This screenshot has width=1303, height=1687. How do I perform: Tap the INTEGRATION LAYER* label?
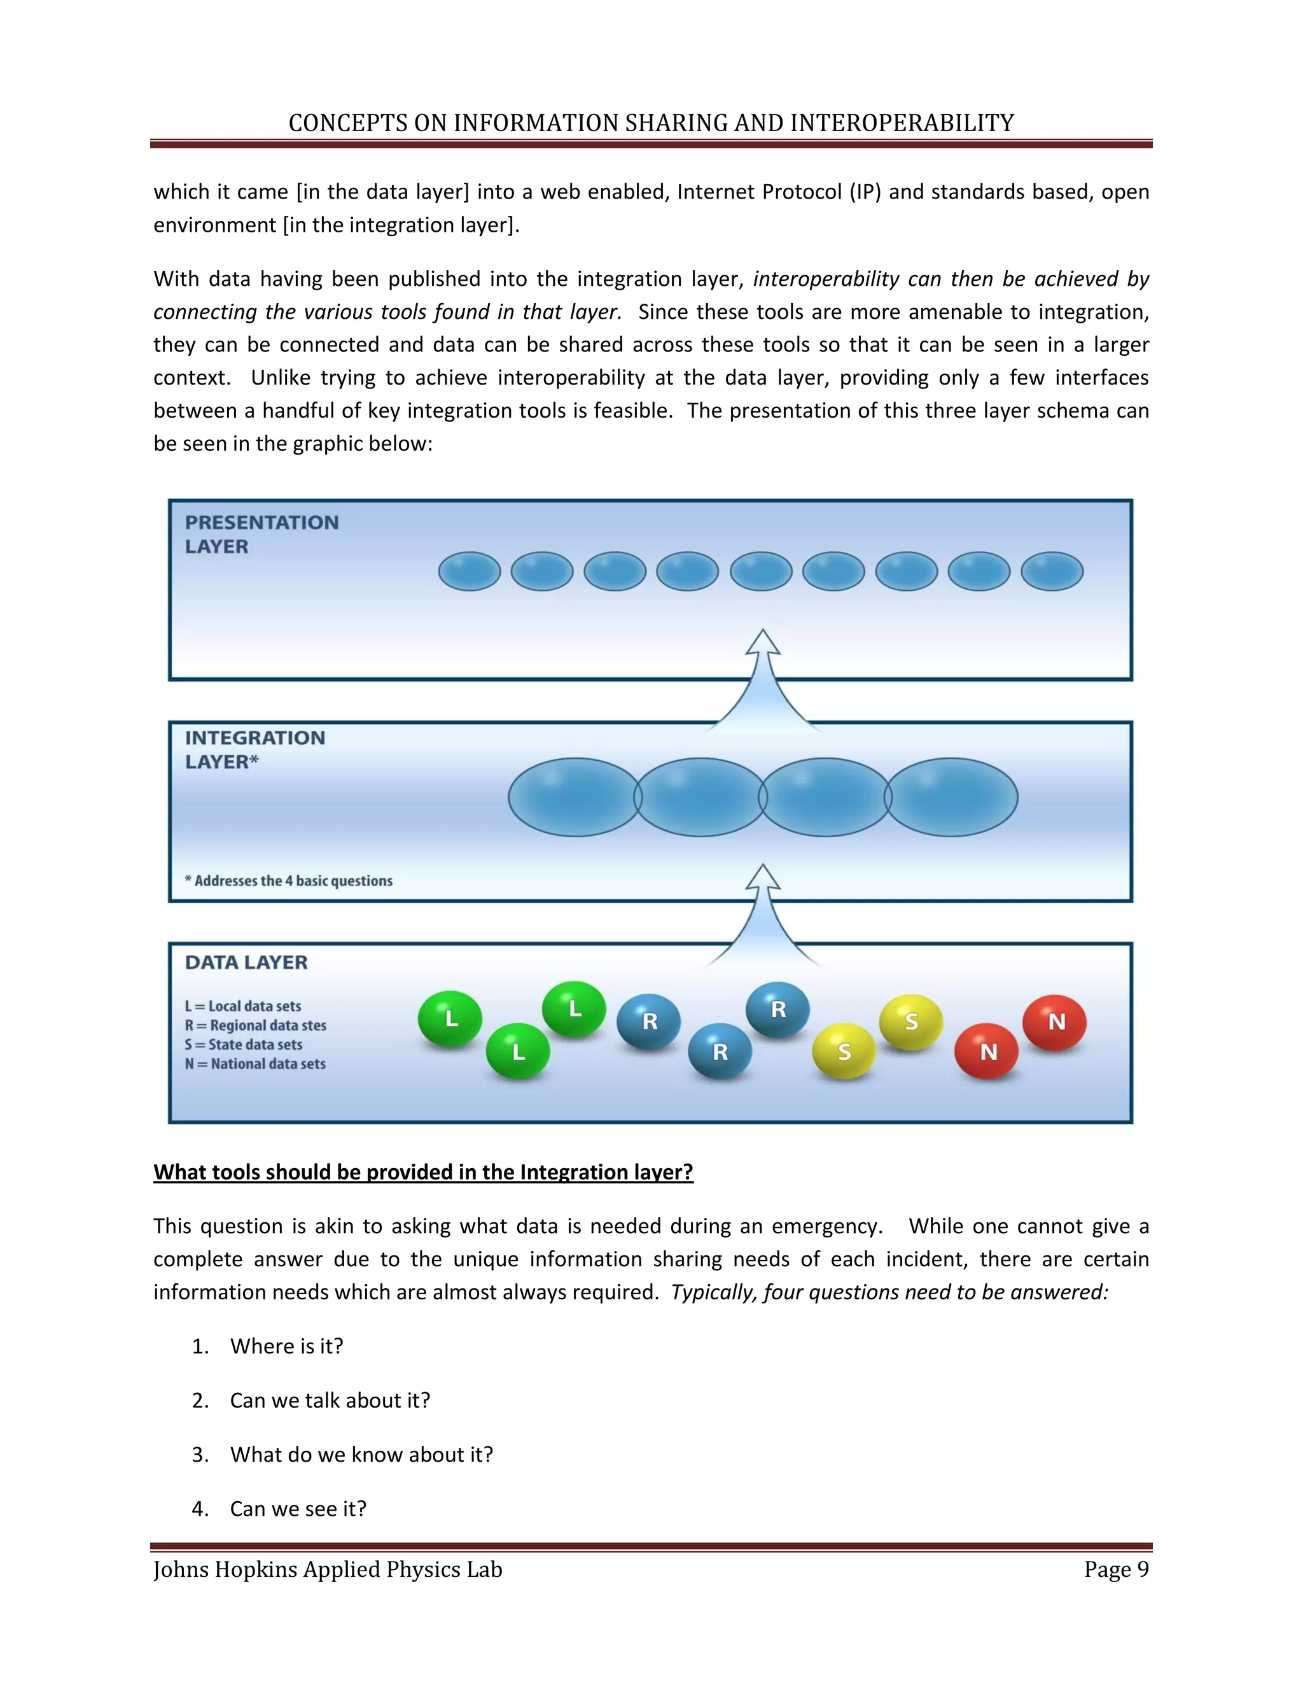coord(254,749)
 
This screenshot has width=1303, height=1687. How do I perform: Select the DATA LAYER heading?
coord(246,963)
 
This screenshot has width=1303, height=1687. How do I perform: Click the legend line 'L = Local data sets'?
coord(243,1006)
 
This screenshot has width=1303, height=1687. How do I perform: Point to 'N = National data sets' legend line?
coord(256,1064)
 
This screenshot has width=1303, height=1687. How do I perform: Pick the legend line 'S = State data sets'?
coord(244,1044)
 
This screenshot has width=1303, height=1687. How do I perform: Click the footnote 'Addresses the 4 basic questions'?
coord(289,880)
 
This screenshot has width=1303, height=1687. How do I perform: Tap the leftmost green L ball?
coord(450,1019)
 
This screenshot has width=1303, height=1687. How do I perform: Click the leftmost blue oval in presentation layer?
coord(470,572)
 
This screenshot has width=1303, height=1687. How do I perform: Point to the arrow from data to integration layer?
coord(763,915)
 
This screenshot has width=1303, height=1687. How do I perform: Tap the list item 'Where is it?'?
coord(286,1346)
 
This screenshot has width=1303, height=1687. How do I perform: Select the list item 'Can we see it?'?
coord(298,1509)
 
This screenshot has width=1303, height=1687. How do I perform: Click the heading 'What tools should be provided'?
coord(423,1172)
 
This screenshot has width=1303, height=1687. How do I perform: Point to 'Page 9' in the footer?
coord(1116,1570)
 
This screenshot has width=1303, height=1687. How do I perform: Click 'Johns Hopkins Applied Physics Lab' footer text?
coord(328,1570)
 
